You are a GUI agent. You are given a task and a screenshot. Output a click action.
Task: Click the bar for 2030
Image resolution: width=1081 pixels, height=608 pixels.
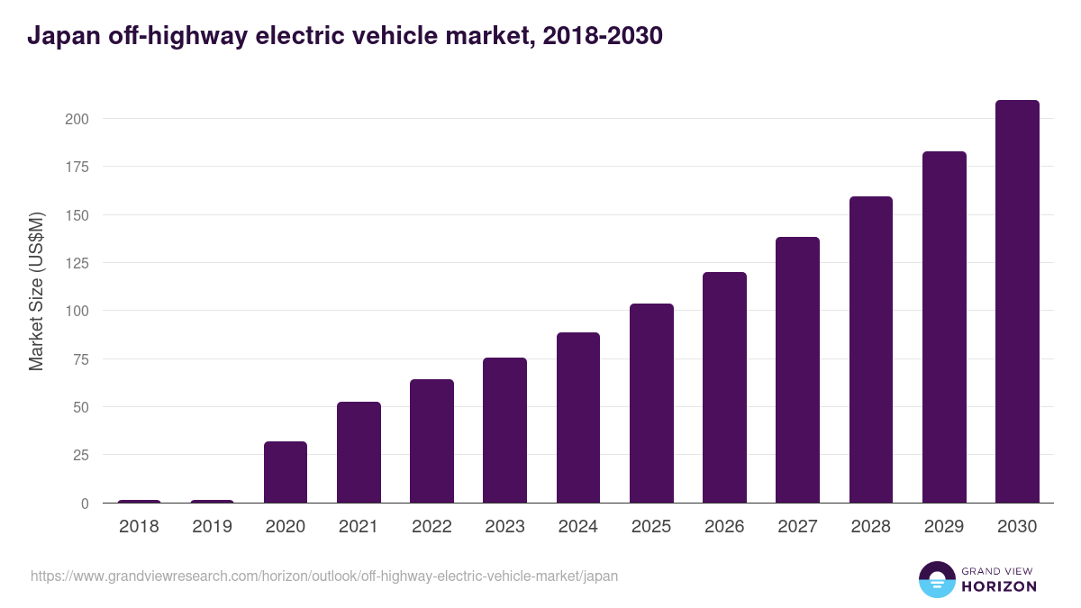point(1017,302)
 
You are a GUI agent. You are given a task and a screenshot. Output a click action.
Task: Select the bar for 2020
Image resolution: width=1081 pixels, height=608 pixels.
point(286,472)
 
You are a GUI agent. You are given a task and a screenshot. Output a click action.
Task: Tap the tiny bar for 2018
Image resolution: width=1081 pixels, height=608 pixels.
point(139,501)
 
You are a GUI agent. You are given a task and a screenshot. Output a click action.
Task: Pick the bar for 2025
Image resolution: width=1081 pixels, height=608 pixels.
point(651,404)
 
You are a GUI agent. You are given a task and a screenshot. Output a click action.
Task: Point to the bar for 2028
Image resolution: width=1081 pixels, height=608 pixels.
point(871,349)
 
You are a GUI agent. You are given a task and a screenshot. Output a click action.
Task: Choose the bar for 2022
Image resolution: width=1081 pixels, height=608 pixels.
point(431,441)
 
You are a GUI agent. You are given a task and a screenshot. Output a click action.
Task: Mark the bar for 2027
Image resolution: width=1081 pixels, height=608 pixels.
point(797,370)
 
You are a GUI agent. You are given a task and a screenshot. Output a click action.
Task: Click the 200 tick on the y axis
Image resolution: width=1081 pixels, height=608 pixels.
point(77,119)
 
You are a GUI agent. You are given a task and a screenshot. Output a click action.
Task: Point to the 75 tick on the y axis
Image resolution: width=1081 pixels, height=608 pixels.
point(80,359)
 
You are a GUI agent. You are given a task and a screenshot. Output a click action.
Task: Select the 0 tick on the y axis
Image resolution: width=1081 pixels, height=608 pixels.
point(85,504)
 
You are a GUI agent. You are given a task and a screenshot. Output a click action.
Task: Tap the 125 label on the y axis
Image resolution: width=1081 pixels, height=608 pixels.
point(77,263)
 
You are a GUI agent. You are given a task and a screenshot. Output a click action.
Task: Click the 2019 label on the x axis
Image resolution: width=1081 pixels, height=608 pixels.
point(212,527)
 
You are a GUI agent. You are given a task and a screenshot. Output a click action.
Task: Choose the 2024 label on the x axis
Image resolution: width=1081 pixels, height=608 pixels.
point(577,527)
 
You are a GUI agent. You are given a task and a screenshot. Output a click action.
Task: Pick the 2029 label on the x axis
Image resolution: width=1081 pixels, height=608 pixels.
point(944,527)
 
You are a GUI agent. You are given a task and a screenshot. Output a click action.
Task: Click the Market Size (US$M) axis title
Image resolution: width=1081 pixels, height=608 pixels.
point(36,291)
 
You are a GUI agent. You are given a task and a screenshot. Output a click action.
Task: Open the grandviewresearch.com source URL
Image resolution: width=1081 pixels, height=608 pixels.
point(324,576)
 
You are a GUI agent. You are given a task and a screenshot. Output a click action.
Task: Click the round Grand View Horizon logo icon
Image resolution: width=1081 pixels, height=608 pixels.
point(936,579)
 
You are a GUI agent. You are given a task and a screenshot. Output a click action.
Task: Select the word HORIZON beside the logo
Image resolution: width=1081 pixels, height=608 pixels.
point(999,586)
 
